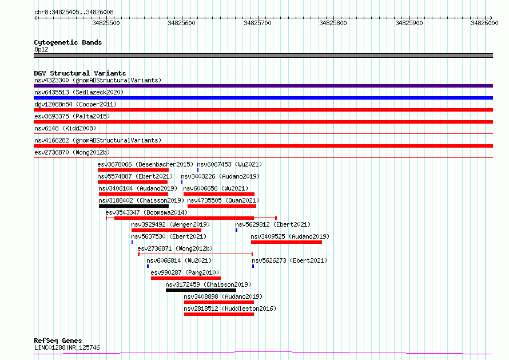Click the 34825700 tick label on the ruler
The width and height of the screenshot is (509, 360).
coord(257,23)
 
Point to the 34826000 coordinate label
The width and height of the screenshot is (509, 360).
coord(484,23)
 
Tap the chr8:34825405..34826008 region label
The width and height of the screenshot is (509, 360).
coord(74,13)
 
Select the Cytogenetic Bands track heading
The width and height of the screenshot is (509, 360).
coord(68,42)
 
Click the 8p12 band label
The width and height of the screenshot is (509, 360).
coord(41,49)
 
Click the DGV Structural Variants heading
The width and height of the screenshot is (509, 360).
coord(80,73)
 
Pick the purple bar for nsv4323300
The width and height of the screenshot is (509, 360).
coord(263,86)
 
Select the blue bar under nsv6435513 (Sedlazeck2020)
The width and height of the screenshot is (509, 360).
coord(263,98)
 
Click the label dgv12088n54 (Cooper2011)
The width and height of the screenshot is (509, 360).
coord(75,104)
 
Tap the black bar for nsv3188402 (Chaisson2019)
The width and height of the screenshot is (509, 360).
coord(134,206)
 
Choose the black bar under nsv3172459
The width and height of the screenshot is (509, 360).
coord(201,290)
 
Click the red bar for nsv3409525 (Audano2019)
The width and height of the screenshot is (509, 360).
coord(287,242)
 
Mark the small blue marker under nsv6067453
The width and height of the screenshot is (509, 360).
coord(198,170)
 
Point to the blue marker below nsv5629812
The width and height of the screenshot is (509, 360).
coord(236,230)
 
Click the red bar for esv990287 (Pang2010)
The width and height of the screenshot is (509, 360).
coord(186,278)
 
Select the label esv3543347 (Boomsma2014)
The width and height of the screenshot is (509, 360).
coord(146,212)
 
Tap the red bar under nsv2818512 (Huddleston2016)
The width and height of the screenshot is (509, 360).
coord(219,314)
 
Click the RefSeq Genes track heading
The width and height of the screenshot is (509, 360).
coord(58,341)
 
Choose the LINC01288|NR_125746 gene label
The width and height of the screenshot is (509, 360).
coord(67,347)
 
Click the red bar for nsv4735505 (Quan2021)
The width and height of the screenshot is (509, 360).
coord(222,206)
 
